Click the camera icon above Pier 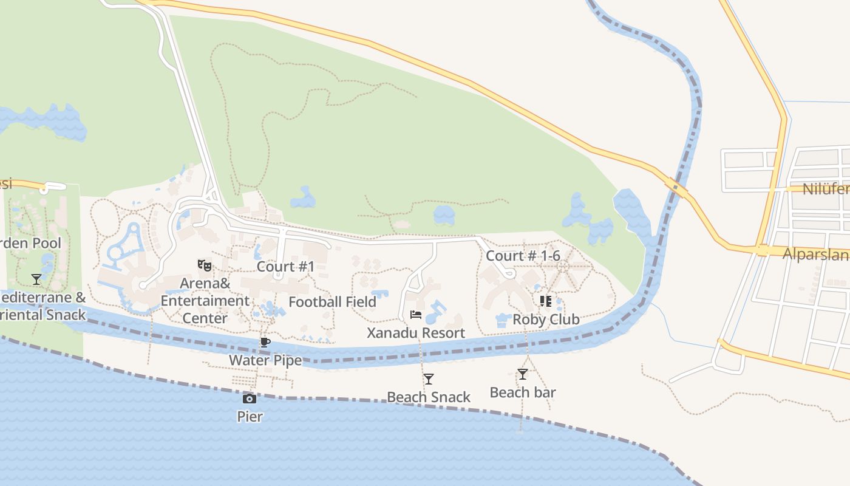pyautogui.click(x=249, y=399)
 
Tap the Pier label pyautogui.click(x=250, y=416)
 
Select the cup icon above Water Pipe pyautogui.click(x=265, y=342)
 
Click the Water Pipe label pyautogui.click(x=265, y=360)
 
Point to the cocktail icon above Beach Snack pyautogui.click(x=429, y=379)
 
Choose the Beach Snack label pyautogui.click(x=429, y=397)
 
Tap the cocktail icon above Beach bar pyautogui.click(x=522, y=374)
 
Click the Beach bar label pyautogui.click(x=522, y=392)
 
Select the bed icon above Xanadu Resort pyautogui.click(x=416, y=315)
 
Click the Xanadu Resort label pyautogui.click(x=416, y=333)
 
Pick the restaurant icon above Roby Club pyautogui.click(x=546, y=301)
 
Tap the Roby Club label pyautogui.click(x=546, y=319)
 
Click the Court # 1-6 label pyautogui.click(x=523, y=256)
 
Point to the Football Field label pyautogui.click(x=332, y=302)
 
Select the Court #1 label pyautogui.click(x=285, y=266)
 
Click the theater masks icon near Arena pyautogui.click(x=205, y=265)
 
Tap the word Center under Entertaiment pyautogui.click(x=205, y=318)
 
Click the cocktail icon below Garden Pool pyautogui.click(x=36, y=279)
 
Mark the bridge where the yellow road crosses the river pyautogui.click(x=675, y=188)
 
